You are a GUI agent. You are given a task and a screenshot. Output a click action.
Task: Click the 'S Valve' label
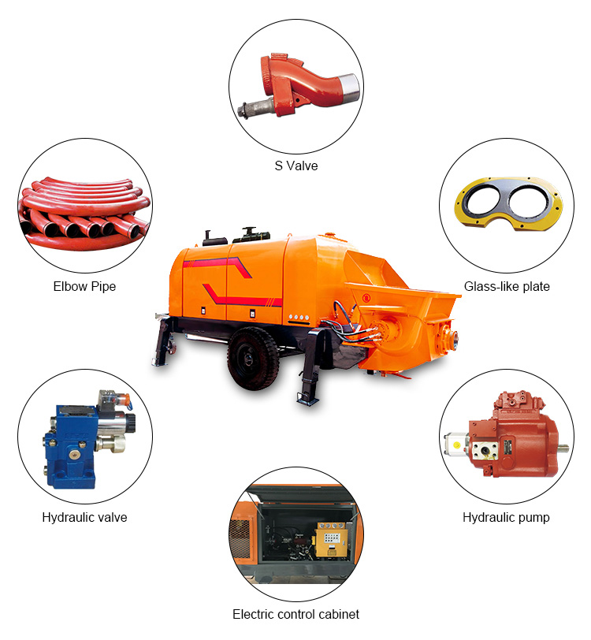pos(296,166)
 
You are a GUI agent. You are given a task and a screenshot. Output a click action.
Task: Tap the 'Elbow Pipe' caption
pos(84,287)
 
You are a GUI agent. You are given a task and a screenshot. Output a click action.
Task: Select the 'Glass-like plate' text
pos(507,287)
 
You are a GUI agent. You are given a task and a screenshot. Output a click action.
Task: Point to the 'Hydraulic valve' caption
pos(84,518)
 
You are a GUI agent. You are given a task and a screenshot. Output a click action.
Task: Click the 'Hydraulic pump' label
pos(506,518)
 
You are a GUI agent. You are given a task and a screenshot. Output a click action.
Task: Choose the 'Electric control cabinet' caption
pos(296,614)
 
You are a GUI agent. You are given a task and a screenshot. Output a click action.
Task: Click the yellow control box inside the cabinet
pos(333,540)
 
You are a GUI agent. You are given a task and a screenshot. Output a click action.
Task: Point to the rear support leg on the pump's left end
pos(163,340)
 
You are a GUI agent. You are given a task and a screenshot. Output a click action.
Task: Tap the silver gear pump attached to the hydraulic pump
pos(456,443)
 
